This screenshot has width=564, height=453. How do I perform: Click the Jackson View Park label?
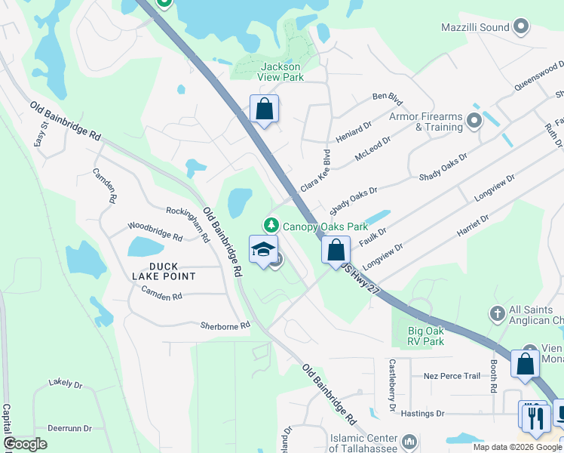tap(281, 72)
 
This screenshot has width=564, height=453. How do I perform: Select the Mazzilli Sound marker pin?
tap(520, 27)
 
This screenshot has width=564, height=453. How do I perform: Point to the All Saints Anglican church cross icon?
tap(497, 313)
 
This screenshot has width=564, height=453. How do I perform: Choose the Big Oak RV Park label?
tap(426, 335)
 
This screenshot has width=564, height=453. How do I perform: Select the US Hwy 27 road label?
tap(358, 279)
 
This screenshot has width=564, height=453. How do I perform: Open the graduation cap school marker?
tap(263, 250)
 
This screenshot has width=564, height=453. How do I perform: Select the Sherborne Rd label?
tap(225, 326)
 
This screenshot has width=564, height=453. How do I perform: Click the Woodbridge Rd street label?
tap(155, 231)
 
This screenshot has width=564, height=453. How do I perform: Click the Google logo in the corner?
tap(25, 444)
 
